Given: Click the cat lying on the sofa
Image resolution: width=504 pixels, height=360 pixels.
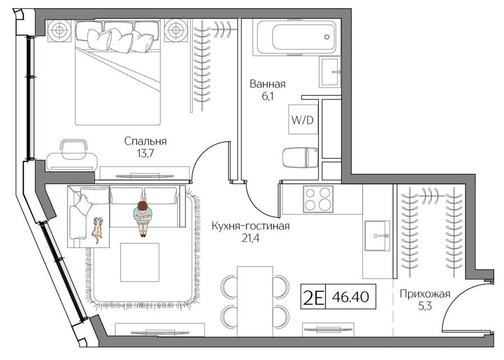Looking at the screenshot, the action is click(97, 230).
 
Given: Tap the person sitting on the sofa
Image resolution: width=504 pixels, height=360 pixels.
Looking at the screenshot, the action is click(143, 218).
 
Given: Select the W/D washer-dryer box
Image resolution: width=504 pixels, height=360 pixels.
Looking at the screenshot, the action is click(303, 119).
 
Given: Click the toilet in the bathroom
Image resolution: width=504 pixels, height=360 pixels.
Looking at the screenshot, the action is click(300, 157).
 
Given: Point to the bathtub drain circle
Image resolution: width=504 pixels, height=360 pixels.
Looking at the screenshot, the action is click(327, 37).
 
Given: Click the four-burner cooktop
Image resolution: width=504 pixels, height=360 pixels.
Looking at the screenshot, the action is click(318, 199).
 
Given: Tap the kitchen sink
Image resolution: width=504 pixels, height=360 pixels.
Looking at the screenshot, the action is click(377, 236).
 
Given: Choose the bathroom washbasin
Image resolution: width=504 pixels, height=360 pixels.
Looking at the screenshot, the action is click(329, 72).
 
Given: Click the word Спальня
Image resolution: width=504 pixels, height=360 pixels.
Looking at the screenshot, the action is click(145, 142).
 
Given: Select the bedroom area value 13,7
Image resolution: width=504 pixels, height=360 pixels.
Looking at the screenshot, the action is click(145, 153).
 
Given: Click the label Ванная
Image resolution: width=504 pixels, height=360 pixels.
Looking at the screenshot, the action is click(268, 84).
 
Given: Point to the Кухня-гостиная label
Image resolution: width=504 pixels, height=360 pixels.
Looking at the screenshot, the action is click(250, 226).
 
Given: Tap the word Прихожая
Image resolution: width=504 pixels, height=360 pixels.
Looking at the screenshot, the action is click(425, 294).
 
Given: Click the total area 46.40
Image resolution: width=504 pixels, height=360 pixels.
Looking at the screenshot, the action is click(351, 297).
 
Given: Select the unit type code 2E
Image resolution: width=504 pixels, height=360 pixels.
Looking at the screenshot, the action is click(313, 297).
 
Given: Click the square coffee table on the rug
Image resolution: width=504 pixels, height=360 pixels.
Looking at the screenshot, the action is click(140, 262).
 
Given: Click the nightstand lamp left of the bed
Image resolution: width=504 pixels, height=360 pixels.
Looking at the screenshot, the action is click(59, 31).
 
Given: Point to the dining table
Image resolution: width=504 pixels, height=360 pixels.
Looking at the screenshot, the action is click(255, 301).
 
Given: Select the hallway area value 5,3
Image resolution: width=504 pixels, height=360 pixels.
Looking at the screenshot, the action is click(425, 306).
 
